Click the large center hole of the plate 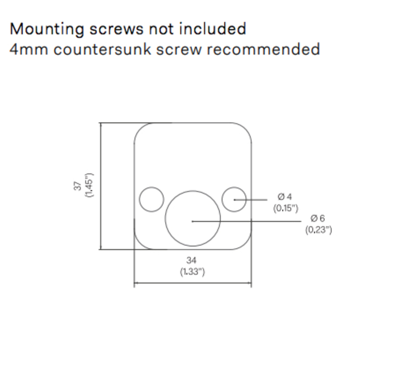(193, 218)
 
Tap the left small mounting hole (151, 199)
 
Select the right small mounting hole (234, 199)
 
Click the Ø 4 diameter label (285, 197)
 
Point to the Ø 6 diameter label (318, 218)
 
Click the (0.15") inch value (286, 208)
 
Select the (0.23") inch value (318, 229)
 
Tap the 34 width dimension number (192, 260)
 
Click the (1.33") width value (192, 271)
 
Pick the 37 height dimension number (78, 186)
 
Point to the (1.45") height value (89, 185)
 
